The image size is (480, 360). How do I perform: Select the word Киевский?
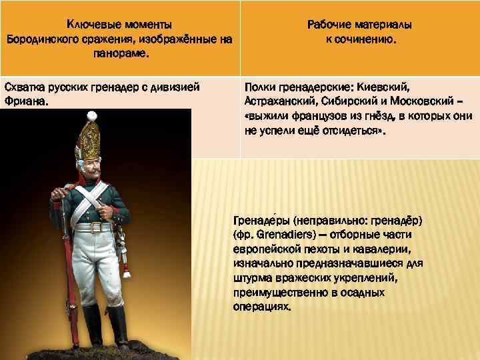click(x=385, y=87)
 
